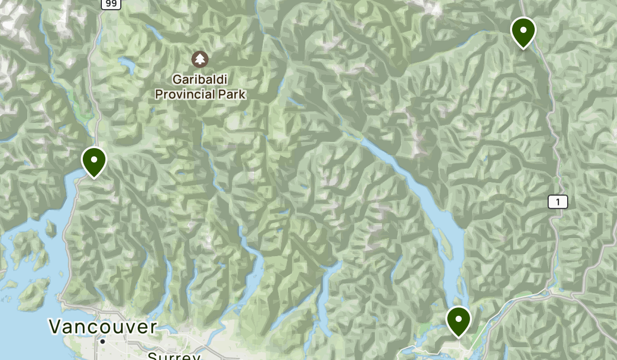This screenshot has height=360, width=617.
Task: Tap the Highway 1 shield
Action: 557,202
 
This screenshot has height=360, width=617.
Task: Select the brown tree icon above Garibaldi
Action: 200,59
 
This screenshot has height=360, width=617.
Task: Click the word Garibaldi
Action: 200,80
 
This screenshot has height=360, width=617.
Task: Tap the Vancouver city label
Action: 103,327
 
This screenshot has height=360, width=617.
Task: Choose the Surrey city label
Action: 173,356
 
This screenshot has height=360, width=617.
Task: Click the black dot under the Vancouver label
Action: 103,341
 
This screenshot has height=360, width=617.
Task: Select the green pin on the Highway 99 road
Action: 94,161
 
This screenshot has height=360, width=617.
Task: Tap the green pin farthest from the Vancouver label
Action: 523,31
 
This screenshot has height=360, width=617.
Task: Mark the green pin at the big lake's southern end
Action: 459,320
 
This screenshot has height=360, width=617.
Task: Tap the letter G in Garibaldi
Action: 178,80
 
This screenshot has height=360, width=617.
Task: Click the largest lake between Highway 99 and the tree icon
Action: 126,65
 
